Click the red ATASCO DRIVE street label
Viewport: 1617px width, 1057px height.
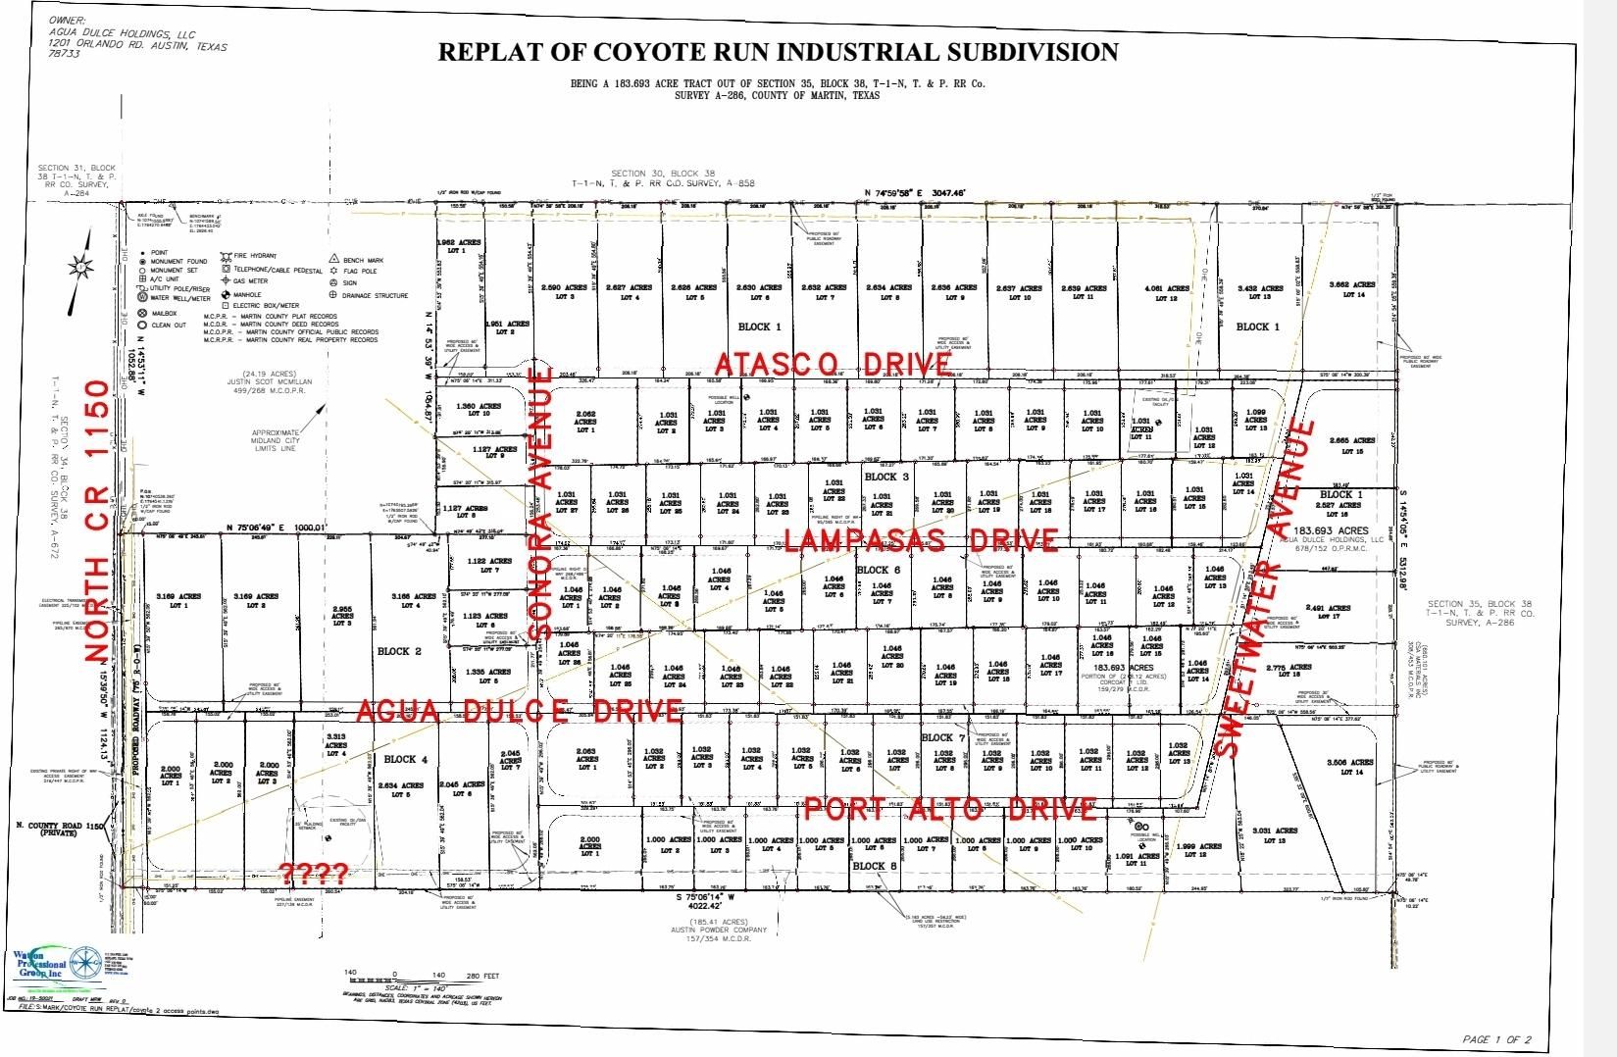pos(834,364)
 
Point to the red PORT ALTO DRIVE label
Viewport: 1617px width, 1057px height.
pos(949,809)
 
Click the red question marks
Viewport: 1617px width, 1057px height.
pos(314,872)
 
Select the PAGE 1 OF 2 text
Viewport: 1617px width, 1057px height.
pos(1496,1039)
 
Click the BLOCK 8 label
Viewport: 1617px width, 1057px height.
pos(874,867)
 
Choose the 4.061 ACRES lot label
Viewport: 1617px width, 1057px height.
pos(1167,291)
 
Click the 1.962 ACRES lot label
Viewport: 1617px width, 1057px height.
pos(458,245)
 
